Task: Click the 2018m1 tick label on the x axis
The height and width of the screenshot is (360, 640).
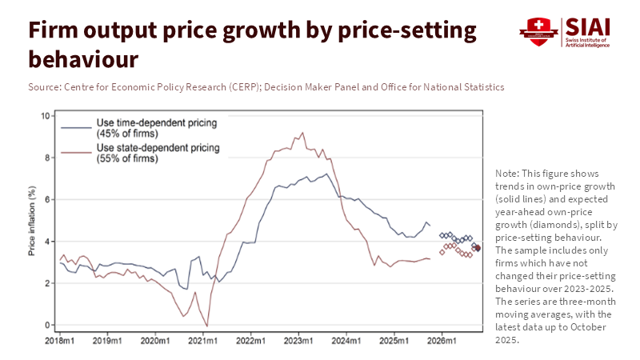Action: (59, 340)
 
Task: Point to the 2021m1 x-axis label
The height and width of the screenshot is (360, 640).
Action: (202, 340)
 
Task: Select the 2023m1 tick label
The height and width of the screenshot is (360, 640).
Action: (298, 340)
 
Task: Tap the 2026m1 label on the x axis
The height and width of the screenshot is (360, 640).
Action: (442, 340)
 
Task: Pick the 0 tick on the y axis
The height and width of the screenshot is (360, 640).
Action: (46, 326)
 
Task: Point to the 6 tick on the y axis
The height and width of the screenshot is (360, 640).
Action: (46, 199)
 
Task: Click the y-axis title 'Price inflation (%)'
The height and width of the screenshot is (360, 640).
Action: (32, 221)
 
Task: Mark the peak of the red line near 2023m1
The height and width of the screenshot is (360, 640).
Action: (302, 133)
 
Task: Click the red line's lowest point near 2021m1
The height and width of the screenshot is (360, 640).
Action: (207, 325)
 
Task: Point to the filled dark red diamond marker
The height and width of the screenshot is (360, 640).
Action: (478, 248)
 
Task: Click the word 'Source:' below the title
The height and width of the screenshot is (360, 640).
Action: (44, 86)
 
